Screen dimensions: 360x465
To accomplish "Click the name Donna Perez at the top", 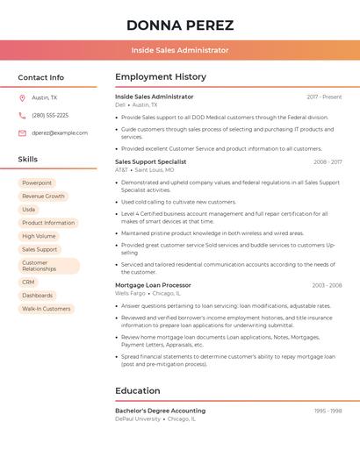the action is click(x=180, y=25).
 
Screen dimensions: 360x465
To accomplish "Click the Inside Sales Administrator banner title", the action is click(x=180, y=50).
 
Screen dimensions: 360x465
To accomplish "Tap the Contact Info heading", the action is click(x=41, y=77).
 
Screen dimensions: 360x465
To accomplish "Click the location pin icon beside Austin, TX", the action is click(x=22, y=98).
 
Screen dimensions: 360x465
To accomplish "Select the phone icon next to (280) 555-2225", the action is click(x=22, y=116).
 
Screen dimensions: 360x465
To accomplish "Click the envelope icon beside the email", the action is click(x=22, y=133).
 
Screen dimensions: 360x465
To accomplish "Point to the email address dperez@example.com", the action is click(x=60, y=133).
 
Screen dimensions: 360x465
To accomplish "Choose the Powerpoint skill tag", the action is click(x=37, y=183).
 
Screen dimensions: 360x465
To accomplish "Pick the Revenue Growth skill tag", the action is click(x=43, y=197).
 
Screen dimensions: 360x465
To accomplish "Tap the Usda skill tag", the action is click(x=29, y=210).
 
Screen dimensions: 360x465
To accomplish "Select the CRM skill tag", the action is click(x=29, y=283).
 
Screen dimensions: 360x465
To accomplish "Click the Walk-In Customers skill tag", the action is click(x=47, y=309).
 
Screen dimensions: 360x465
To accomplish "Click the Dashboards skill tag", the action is click(x=38, y=296).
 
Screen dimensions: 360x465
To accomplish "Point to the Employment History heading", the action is click(x=161, y=77).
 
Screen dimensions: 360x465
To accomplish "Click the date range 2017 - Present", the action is click(x=324, y=97).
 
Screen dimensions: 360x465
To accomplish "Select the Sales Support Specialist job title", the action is click(x=151, y=161).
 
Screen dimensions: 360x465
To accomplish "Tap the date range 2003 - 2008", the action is click(x=327, y=285).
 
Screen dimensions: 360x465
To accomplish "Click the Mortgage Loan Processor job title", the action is click(x=153, y=285).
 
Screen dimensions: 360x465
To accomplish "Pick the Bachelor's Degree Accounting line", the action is click(x=161, y=411).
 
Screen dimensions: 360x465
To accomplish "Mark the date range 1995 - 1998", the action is click(x=328, y=411).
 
